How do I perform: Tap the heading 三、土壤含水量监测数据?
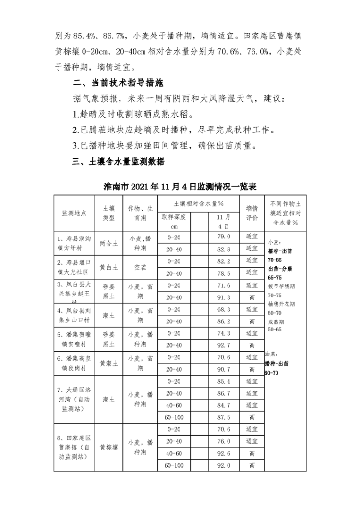[x=119, y=162]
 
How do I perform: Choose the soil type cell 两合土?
[x=108, y=243]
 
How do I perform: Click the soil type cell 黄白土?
[x=108, y=267]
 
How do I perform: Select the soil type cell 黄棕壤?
[x=108, y=448]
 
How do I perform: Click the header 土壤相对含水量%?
[x=199, y=203]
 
